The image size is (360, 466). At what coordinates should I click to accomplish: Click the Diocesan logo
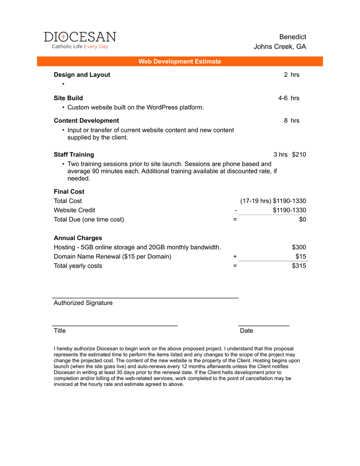(x=80, y=40)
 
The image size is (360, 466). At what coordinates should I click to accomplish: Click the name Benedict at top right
(x=292, y=37)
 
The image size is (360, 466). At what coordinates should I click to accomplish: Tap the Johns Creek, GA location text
(x=280, y=47)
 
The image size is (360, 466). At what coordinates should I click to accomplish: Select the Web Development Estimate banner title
(x=180, y=61)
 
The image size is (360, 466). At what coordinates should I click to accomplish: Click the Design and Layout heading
(x=82, y=75)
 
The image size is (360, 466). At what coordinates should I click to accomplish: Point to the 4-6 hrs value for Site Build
(x=289, y=98)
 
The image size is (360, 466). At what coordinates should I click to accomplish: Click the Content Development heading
(x=86, y=120)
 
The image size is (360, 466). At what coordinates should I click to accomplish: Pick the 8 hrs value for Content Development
(x=291, y=120)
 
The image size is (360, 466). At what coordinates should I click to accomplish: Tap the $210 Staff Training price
(x=299, y=155)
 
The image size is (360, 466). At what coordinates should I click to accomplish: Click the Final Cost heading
(x=69, y=191)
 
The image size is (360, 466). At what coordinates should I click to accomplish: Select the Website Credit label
(x=74, y=210)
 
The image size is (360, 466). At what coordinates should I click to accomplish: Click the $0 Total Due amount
(x=302, y=219)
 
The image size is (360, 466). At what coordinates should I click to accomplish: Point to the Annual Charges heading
(x=78, y=238)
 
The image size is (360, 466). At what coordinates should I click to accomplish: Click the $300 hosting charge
(x=299, y=247)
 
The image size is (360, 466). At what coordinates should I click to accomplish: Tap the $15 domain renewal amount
(x=301, y=257)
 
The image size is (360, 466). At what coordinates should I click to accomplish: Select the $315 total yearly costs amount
(x=299, y=266)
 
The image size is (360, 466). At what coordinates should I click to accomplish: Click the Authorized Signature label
(x=83, y=303)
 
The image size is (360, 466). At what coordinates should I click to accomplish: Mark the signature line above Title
(x=115, y=325)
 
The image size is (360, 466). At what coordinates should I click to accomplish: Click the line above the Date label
(x=264, y=325)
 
